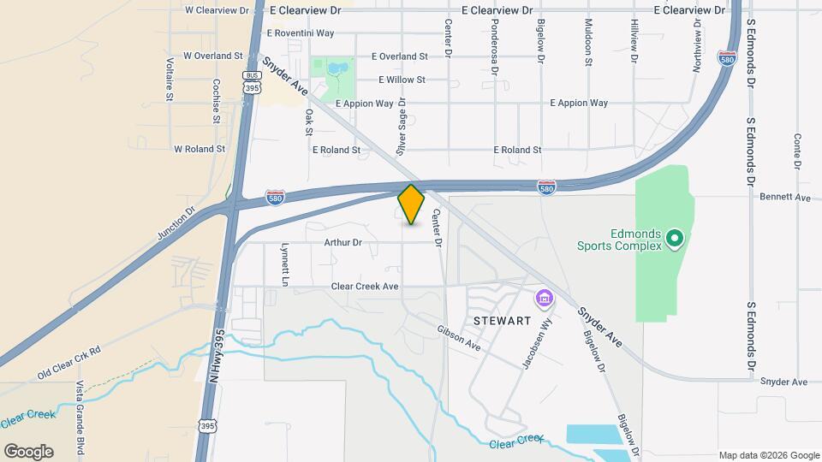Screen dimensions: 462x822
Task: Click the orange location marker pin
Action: point(411,204)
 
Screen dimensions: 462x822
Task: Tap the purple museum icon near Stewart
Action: point(544,300)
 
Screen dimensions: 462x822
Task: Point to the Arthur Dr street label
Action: point(343,242)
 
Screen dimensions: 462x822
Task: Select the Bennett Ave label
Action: point(784,197)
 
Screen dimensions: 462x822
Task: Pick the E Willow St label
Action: point(402,80)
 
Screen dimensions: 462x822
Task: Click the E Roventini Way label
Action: point(300,33)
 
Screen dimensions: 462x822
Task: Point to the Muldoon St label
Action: point(588,42)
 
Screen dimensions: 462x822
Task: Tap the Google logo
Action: point(28,451)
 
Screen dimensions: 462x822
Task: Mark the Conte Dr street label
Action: point(797,151)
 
